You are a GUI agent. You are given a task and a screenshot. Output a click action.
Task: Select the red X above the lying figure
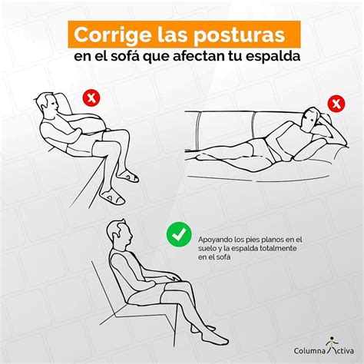point(335,103)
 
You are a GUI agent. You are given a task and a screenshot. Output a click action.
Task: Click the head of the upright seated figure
point(116,231)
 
